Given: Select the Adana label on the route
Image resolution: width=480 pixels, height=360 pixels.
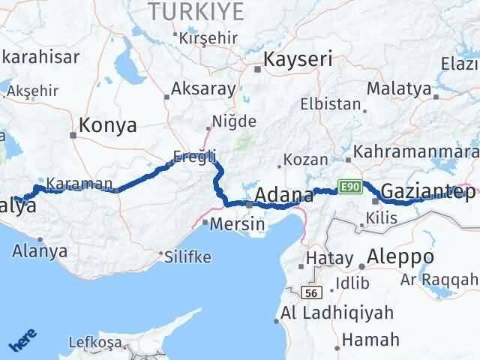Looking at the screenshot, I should coord(284,196).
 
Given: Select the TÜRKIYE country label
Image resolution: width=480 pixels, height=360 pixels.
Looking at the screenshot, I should coord(197,10).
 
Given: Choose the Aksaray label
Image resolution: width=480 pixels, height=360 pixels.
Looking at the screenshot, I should coord(203,88).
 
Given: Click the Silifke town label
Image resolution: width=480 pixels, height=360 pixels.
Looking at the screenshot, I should coord(188,257).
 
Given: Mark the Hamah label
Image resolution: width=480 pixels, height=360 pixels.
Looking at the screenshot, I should coord(371,340).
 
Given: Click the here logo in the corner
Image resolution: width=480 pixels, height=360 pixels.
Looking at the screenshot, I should coord(22,341).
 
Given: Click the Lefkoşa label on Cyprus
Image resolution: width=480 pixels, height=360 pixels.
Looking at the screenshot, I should coord(94,343).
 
